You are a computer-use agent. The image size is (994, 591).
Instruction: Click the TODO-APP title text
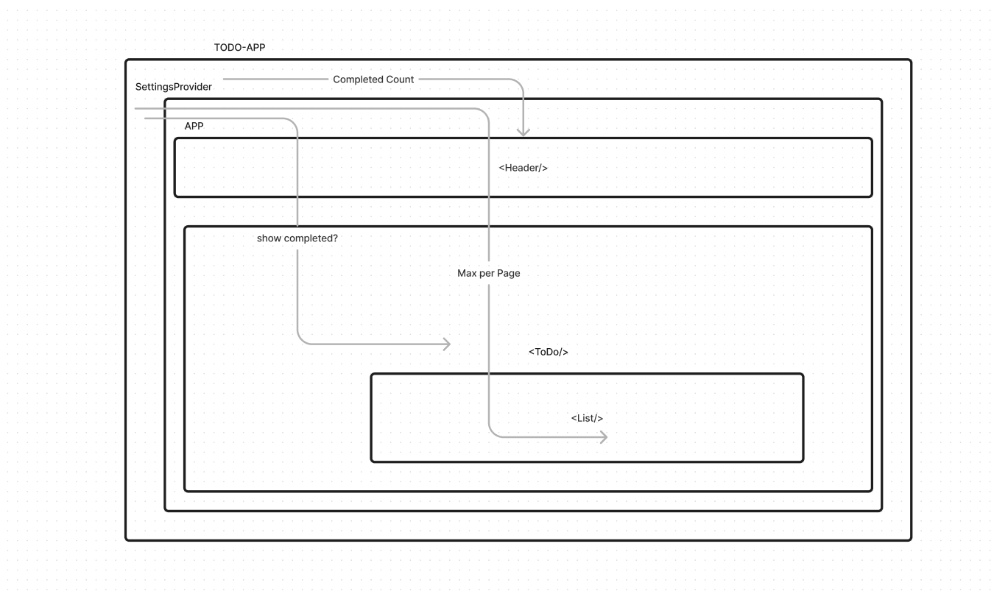tap(239, 47)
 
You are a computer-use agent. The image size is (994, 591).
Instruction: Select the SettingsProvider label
tap(174, 87)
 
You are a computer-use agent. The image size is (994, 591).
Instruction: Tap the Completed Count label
tap(373, 79)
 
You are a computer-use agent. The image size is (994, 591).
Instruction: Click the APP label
tap(194, 126)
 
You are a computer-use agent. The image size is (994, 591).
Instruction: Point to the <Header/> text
tap(523, 168)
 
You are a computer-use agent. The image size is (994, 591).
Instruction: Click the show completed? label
tap(297, 238)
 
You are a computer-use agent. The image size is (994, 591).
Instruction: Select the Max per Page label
tap(488, 273)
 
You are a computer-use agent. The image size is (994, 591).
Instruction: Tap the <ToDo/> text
tap(548, 352)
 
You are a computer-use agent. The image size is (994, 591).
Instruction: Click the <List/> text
tap(587, 418)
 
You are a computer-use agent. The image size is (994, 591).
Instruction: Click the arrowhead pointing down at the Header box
tap(523, 132)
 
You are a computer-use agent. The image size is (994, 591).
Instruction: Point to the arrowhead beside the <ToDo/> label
tap(446, 344)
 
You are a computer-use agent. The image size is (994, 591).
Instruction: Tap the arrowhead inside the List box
tap(603, 437)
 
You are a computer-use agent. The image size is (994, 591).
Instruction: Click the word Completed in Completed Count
tap(358, 79)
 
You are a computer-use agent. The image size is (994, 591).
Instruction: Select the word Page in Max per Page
tap(508, 273)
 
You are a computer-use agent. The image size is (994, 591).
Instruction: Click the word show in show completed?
tap(269, 238)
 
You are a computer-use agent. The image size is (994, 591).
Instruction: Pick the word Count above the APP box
tap(400, 79)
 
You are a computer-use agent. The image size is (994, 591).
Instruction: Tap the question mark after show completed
tap(335, 238)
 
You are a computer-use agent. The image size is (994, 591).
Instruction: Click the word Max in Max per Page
tap(467, 273)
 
